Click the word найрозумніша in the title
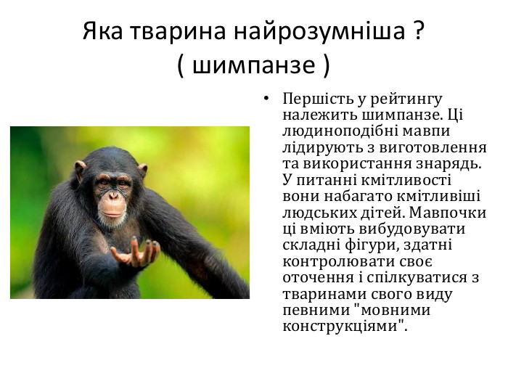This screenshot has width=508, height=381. click(319, 31)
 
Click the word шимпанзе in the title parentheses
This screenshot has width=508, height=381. click(253, 65)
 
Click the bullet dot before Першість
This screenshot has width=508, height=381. click(266, 98)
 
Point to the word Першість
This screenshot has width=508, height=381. click(318, 99)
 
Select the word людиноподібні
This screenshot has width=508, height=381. click(337, 131)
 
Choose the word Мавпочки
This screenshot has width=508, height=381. click(448, 213)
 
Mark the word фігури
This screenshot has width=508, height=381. click(370, 245)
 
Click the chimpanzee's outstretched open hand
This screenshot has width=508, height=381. click(136, 252)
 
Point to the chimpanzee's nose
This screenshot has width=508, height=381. click(113, 195)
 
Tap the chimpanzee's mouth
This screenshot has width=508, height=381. click(112, 214)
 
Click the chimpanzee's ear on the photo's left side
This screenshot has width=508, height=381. click(80, 171)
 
